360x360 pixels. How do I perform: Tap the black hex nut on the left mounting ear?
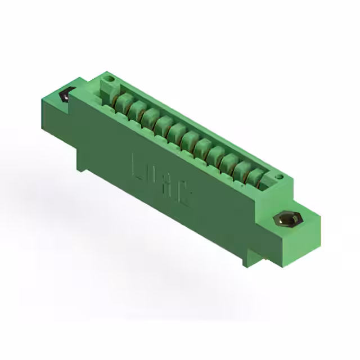[x=65, y=95]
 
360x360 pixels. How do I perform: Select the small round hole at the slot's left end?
[x=110, y=79]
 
